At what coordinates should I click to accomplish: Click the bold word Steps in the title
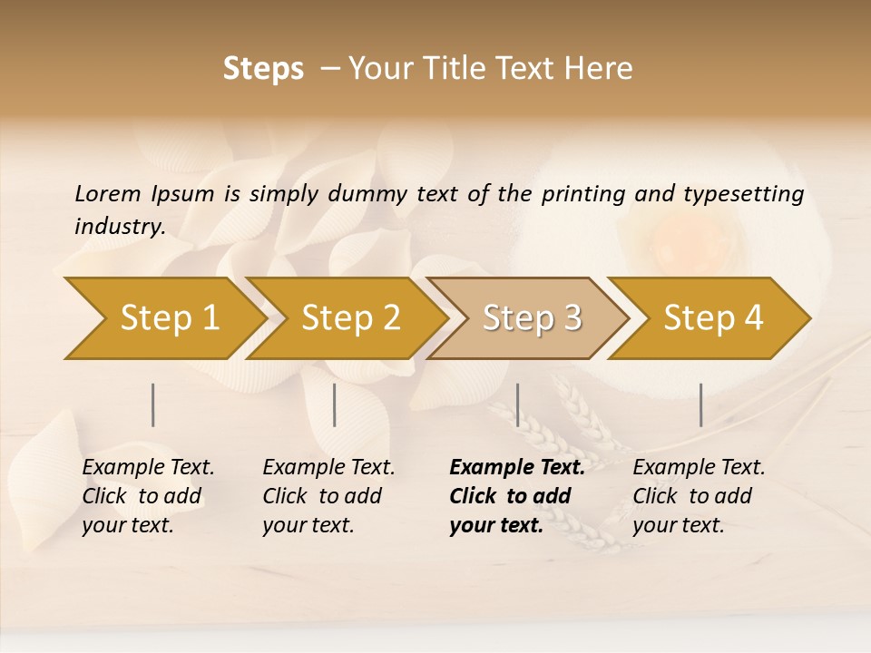point(263,69)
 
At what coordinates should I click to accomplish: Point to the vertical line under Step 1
point(153,404)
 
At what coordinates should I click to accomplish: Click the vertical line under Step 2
point(335,404)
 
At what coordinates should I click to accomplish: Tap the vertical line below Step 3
point(517,404)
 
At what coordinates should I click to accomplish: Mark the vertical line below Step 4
point(701,404)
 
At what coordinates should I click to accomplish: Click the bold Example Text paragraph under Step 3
point(517,496)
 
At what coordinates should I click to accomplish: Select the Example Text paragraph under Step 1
point(148,496)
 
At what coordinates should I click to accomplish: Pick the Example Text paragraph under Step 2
point(328,496)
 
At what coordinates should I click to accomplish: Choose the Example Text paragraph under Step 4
point(699,496)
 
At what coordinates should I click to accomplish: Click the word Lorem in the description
point(108,194)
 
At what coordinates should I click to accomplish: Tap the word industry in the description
point(119,227)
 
